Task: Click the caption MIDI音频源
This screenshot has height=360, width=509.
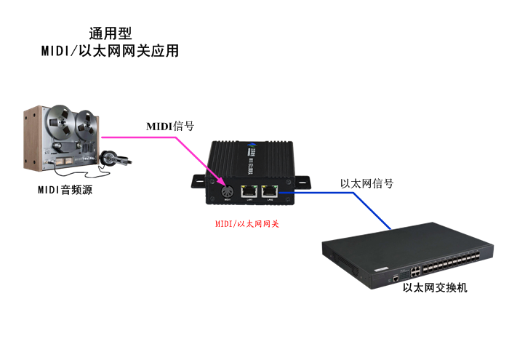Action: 65,191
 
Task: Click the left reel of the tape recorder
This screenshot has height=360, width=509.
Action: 57,120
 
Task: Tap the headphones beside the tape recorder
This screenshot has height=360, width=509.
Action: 111,158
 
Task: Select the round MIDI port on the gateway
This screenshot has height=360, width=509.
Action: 227,192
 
